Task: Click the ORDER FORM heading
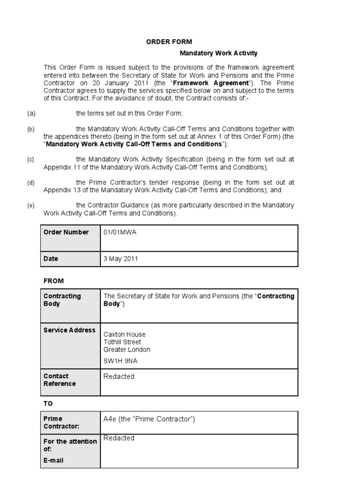[x=169, y=42]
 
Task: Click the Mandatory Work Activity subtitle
[x=219, y=53]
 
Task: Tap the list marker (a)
[x=31, y=113]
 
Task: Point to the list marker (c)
[x=31, y=159]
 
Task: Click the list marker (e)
[x=31, y=205]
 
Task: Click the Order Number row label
[x=66, y=232]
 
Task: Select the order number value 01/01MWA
[x=120, y=232]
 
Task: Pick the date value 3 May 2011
[x=121, y=259]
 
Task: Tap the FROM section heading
[x=53, y=281]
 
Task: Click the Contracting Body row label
[x=62, y=300]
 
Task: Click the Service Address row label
[x=69, y=330]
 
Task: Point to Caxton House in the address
[x=124, y=334]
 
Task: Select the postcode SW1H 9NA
[x=121, y=360]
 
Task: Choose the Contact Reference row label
[x=60, y=380]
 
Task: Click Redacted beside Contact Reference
[x=119, y=376]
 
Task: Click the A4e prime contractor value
[x=149, y=419]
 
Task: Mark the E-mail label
[x=53, y=460]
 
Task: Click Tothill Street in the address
[x=122, y=342]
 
